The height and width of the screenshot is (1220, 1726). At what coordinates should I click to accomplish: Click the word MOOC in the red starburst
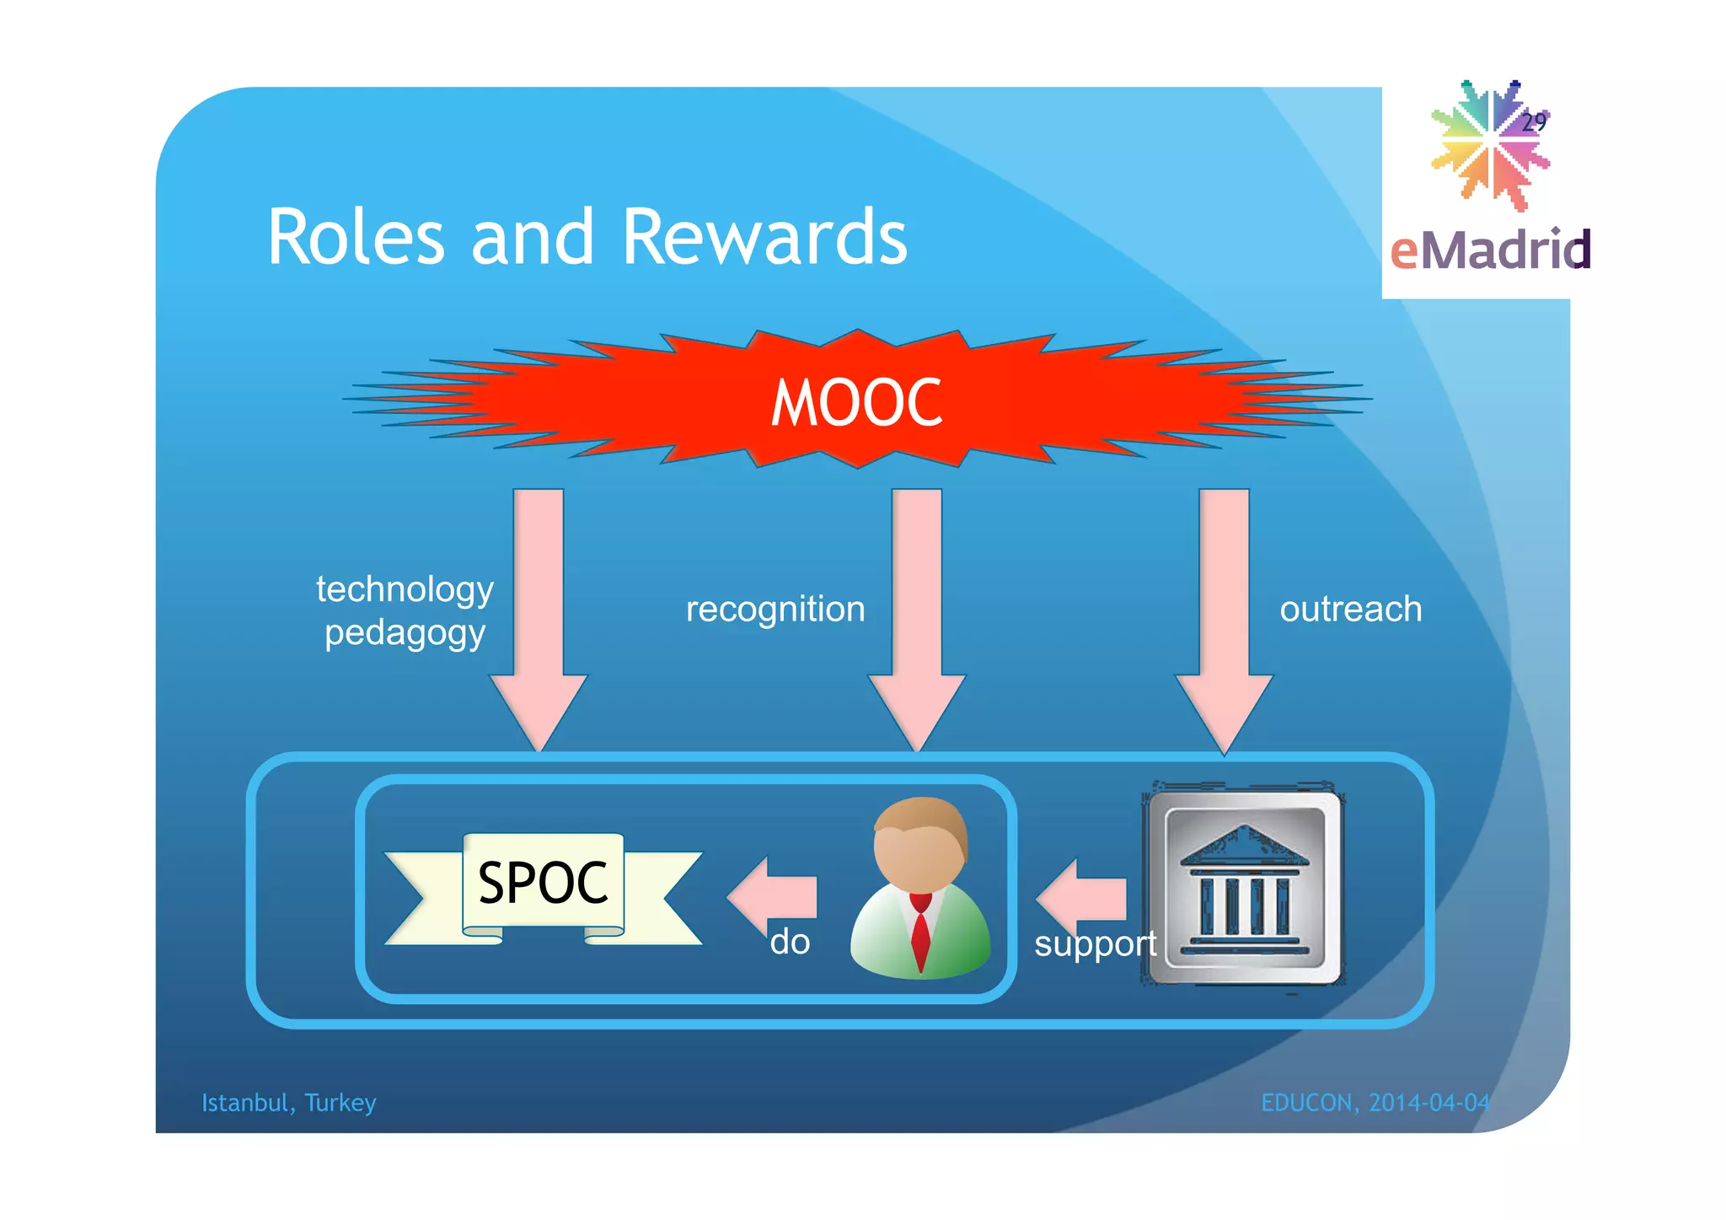click(856, 403)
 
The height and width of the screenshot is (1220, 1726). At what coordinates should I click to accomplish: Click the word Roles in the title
click(355, 238)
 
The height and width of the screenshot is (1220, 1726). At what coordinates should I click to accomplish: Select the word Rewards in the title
click(764, 238)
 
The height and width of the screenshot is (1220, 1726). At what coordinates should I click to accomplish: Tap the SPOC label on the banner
click(543, 883)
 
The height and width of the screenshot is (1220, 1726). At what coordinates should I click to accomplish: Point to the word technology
click(405, 589)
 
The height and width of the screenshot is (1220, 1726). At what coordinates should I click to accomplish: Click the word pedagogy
click(405, 633)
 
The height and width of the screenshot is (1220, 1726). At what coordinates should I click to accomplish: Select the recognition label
click(775, 610)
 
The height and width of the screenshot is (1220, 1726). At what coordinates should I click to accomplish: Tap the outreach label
click(1350, 610)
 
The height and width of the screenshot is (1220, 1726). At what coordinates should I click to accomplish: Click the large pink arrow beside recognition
click(917, 615)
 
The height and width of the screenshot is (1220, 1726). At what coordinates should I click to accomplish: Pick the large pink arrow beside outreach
click(1224, 615)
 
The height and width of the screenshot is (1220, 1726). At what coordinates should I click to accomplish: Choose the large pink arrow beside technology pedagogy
click(539, 615)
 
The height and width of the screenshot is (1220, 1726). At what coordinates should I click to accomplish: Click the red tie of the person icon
click(920, 932)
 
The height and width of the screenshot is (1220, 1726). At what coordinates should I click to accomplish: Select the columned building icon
click(1244, 888)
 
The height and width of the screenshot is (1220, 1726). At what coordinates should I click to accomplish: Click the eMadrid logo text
click(1489, 250)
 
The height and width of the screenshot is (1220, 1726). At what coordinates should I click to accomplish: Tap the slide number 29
click(1533, 122)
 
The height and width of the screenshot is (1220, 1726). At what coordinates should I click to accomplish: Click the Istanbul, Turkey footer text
click(288, 1103)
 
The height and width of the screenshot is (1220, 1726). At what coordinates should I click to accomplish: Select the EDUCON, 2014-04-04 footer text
click(1375, 1103)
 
